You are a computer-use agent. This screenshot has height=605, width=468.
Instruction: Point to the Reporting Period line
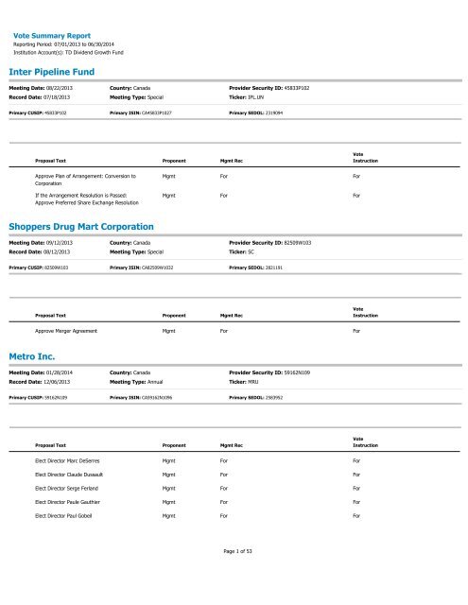point(75,43)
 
